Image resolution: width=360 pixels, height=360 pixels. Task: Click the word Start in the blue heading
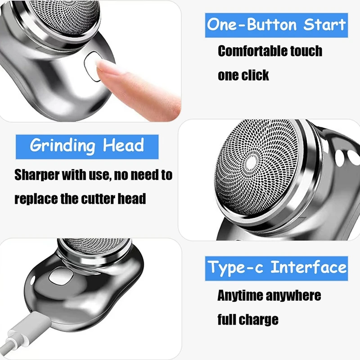tap(324, 25)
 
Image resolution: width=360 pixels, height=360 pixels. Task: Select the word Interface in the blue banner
tap(309, 267)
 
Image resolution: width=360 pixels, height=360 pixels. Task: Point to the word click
tap(256, 75)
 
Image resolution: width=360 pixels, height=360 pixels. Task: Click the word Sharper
tap(37, 175)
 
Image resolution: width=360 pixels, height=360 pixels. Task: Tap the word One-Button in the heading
tap(252, 25)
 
